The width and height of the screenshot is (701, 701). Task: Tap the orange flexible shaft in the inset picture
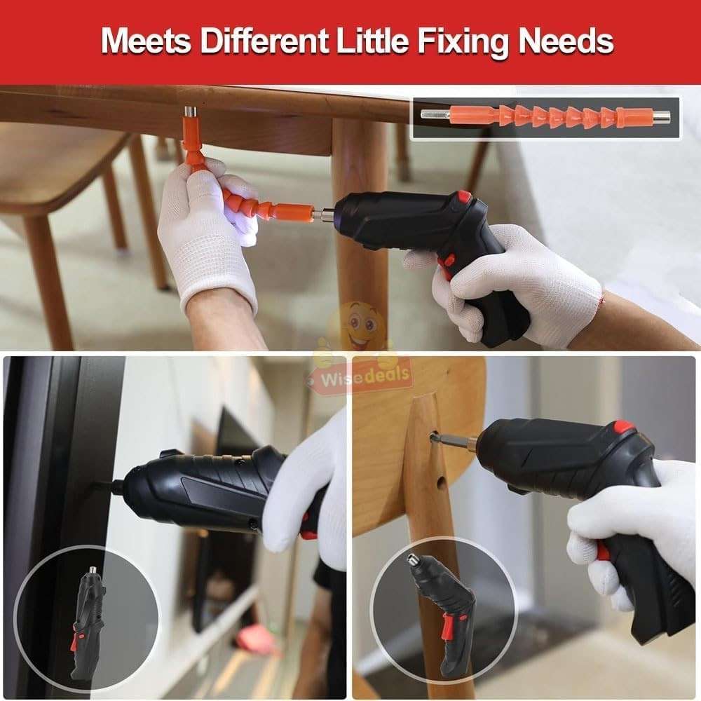click(x=547, y=116)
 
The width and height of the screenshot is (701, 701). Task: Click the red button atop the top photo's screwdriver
click(x=464, y=197)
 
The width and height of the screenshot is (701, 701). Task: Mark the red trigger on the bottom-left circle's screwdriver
click(x=74, y=641)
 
